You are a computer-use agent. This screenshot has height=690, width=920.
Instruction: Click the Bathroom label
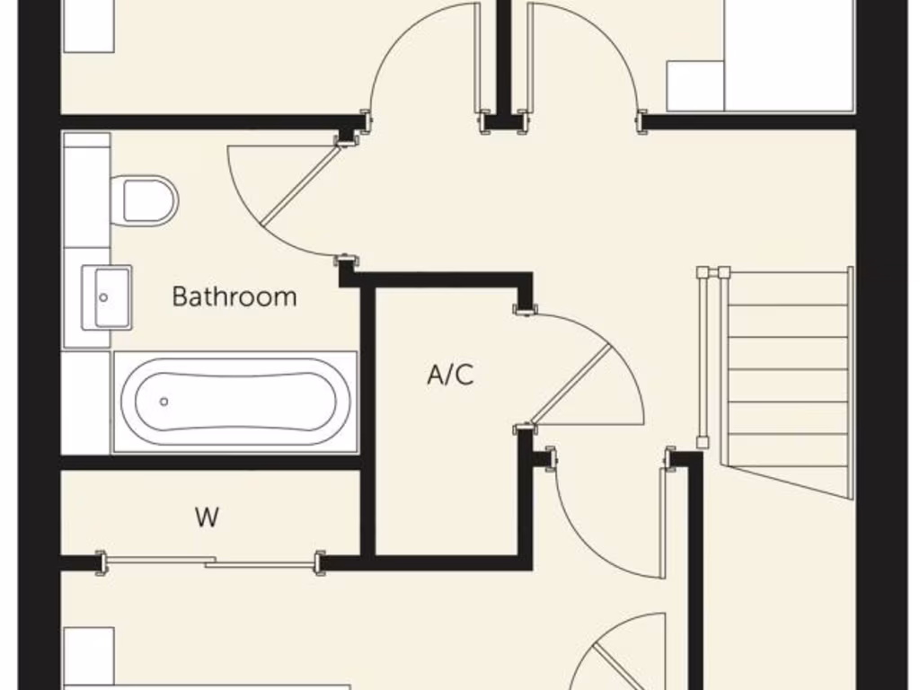pos(234,296)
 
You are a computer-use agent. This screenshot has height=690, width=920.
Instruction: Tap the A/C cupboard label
pos(449,375)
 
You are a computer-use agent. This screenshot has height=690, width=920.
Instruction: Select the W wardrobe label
pos(207,517)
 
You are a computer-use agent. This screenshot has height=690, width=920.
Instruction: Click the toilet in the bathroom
pos(148,200)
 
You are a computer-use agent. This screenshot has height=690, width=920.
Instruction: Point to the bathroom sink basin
pos(107,296)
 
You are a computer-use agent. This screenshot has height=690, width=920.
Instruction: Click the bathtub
pos(234,402)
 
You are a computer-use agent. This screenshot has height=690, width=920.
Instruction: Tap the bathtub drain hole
pos(164,402)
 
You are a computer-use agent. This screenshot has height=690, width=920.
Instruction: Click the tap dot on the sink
pos(104,296)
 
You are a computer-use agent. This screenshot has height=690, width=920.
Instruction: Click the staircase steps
pos(787,368)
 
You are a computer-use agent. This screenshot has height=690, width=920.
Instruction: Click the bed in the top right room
pos(789,56)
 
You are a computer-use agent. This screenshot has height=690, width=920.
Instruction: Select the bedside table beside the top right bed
pos(694,85)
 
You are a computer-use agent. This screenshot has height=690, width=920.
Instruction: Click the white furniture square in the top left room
pos(88,25)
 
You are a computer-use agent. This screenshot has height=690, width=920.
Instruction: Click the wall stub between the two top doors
pos(503,58)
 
